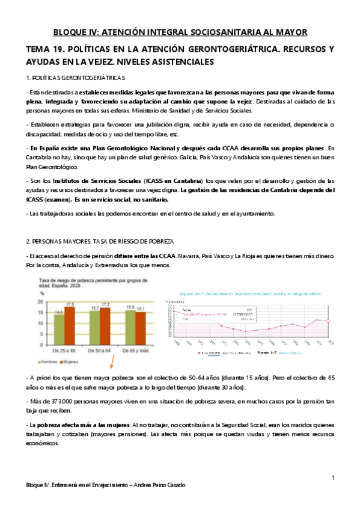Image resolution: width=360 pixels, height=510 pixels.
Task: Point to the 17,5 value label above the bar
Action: coord(70,303)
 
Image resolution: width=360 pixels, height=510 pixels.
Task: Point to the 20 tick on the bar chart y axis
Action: coord(41,302)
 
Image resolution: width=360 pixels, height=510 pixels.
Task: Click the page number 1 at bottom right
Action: coord(333,477)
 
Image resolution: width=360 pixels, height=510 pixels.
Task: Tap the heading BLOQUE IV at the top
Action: coord(180,31)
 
